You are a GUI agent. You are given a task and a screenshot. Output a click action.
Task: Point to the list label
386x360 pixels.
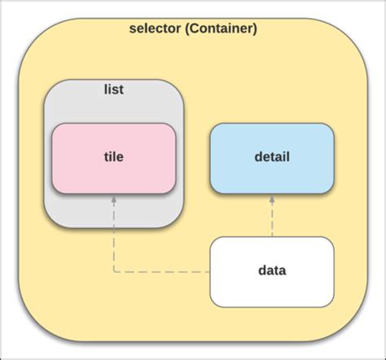[115, 89]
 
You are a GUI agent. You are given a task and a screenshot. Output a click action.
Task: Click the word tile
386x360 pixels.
[114, 158]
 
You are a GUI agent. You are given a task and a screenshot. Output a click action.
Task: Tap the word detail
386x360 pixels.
[272, 158]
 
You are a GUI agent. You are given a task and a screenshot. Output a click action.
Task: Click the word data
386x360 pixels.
[272, 271]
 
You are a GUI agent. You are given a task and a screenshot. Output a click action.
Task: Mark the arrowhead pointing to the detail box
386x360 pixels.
[272, 200]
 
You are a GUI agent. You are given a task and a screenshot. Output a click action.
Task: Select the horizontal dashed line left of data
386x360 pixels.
[163, 271]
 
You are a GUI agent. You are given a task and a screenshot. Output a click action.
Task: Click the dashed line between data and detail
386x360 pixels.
[272, 220]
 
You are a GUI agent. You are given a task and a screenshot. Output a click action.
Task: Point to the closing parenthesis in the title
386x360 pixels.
[254, 29]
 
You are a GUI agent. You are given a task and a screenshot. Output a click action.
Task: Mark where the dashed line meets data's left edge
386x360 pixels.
[211, 271]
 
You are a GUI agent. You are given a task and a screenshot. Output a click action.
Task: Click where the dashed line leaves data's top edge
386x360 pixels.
[272, 237]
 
